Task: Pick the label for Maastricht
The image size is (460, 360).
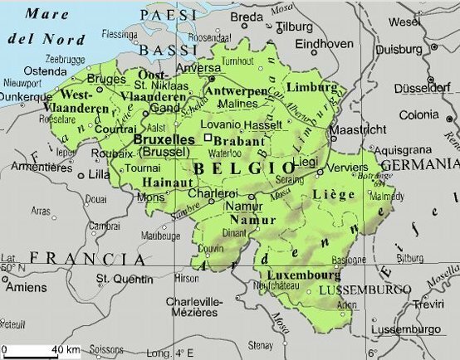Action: (359, 130)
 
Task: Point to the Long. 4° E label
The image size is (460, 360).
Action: (178, 352)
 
